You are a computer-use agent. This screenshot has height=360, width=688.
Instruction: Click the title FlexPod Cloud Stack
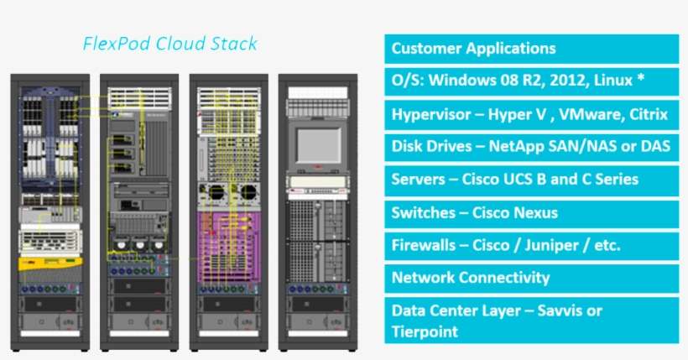(169, 44)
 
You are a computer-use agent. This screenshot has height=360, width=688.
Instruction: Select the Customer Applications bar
(531, 49)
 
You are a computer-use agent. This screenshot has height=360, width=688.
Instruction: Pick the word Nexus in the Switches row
(534, 212)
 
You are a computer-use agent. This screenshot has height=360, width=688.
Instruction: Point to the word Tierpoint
(425, 331)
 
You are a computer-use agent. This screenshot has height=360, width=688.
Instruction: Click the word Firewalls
(424, 245)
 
